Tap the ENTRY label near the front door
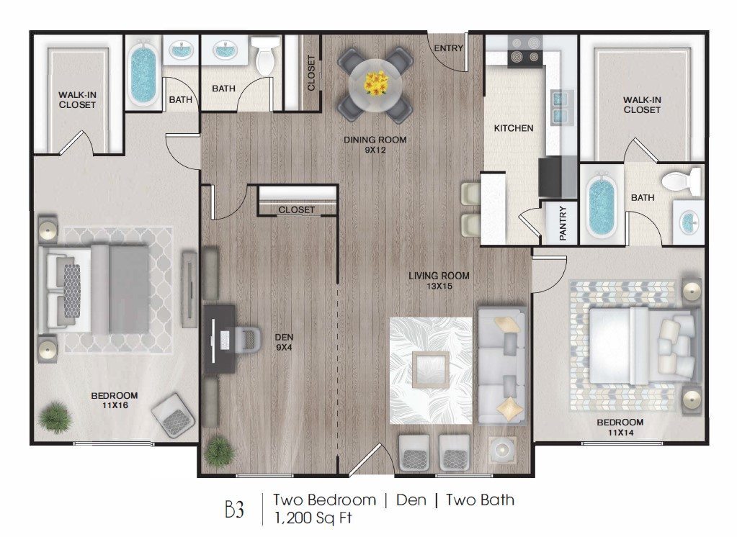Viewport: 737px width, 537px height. tap(448, 48)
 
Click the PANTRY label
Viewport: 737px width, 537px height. tap(563, 223)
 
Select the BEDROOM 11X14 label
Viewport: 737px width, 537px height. tap(619, 426)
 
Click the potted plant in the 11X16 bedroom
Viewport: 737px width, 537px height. tap(53, 417)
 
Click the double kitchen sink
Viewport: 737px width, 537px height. tap(560, 107)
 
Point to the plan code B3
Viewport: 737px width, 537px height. tap(234, 509)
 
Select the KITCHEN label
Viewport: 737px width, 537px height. tap(513, 128)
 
